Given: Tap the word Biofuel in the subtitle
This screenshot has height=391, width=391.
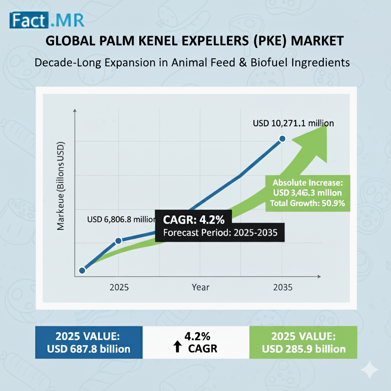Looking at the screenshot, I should [274, 62].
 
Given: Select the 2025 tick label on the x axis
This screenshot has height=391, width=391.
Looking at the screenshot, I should [119, 287].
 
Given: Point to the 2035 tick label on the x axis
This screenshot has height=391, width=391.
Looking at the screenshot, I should [283, 287].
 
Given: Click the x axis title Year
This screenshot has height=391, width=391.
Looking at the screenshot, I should [200, 287].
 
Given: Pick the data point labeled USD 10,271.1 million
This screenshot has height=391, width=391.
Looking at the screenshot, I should [282, 139].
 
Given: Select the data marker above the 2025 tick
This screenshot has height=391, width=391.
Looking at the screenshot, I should [118, 240].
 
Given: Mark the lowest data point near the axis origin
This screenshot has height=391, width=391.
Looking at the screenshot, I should [82, 270].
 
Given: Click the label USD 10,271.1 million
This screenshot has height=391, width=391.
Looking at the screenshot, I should [293, 123].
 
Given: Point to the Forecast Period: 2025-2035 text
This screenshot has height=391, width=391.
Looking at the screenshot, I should [220, 233].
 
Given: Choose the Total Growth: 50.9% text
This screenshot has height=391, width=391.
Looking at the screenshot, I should [307, 203].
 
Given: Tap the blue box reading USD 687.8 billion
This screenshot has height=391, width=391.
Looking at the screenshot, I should [89, 342].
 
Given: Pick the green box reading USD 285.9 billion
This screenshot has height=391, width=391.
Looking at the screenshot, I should [303, 342].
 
